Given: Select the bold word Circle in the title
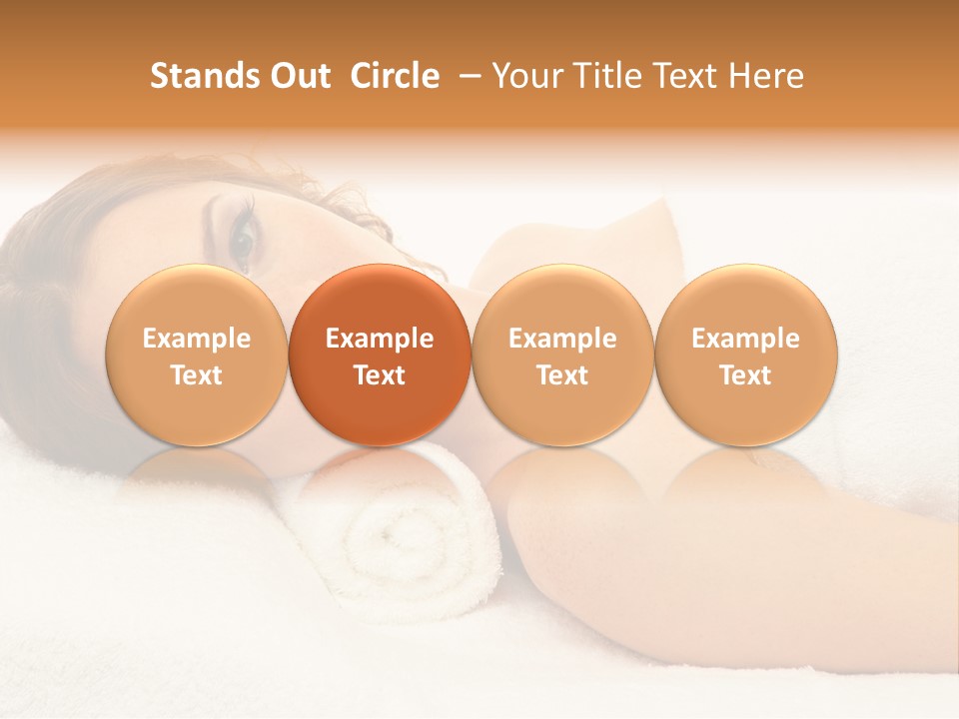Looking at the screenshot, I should [x=395, y=76].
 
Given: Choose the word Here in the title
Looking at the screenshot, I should [x=764, y=76].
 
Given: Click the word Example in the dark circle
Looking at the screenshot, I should [x=380, y=339].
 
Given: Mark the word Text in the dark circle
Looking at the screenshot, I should [x=380, y=375].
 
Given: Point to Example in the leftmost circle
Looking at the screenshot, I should [x=197, y=339].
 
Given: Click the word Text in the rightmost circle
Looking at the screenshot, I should [x=745, y=375].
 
